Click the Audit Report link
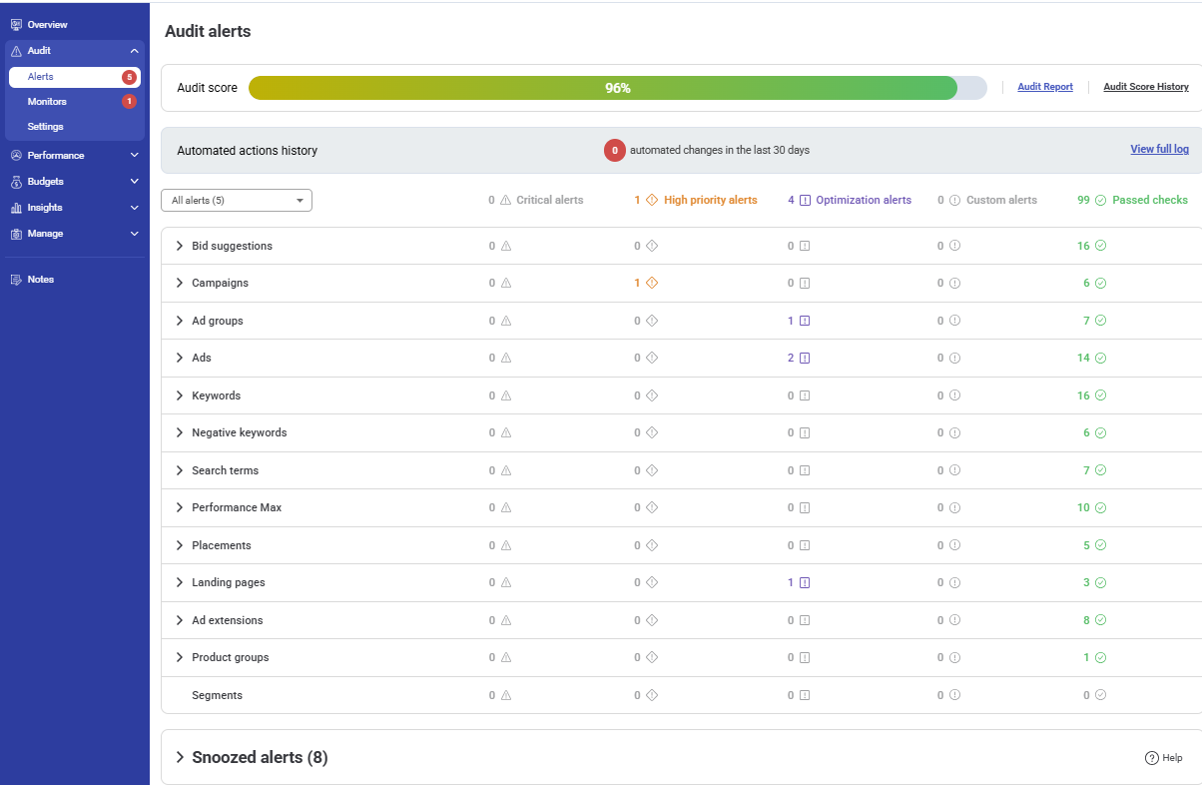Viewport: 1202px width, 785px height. pyautogui.click(x=1044, y=88)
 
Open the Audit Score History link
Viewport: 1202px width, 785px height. pyautogui.click(x=1145, y=88)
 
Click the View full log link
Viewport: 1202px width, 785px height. pyautogui.click(x=1159, y=150)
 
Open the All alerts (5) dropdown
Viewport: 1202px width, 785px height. pyautogui.click(x=237, y=201)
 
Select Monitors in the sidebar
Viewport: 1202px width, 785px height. pyautogui.click(x=47, y=102)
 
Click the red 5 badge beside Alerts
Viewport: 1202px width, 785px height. pyautogui.click(x=129, y=77)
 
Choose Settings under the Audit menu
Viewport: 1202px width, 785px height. pyautogui.click(x=45, y=127)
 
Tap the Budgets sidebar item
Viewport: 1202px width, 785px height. pyautogui.click(x=45, y=182)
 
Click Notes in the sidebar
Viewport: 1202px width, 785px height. pyautogui.click(x=40, y=280)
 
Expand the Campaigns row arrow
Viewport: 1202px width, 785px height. pyautogui.click(x=180, y=284)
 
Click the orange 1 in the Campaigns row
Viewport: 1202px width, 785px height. pyautogui.click(x=637, y=284)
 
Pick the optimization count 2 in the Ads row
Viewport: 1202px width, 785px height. pyautogui.click(x=791, y=359)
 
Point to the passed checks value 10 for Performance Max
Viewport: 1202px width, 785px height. pyautogui.click(x=1083, y=508)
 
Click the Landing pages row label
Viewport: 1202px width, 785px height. pyautogui.click(x=228, y=583)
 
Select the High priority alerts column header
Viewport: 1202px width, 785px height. pyautogui.click(x=710, y=201)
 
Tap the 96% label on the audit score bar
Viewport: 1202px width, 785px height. pyautogui.click(x=617, y=88)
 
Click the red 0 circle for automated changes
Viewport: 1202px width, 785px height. pyautogui.click(x=615, y=151)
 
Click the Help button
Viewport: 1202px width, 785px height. pyautogui.click(x=1163, y=758)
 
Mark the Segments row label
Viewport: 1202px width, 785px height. pyautogui.click(x=217, y=696)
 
